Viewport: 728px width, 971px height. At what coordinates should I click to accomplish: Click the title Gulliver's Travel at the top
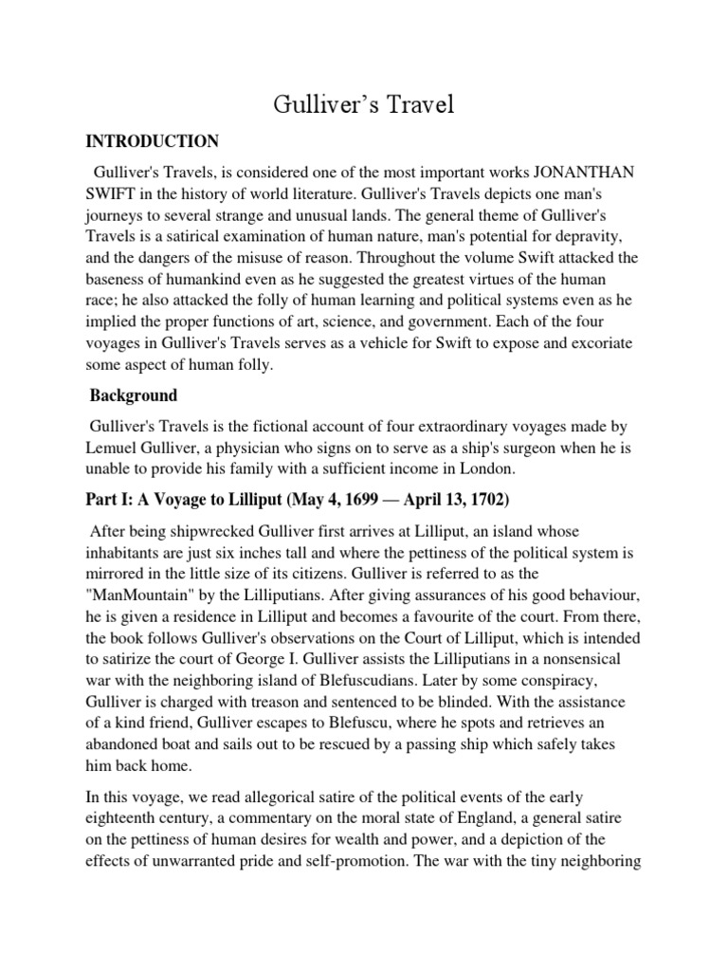tap(364, 104)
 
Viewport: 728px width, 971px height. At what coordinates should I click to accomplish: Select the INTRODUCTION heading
tap(153, 141)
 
